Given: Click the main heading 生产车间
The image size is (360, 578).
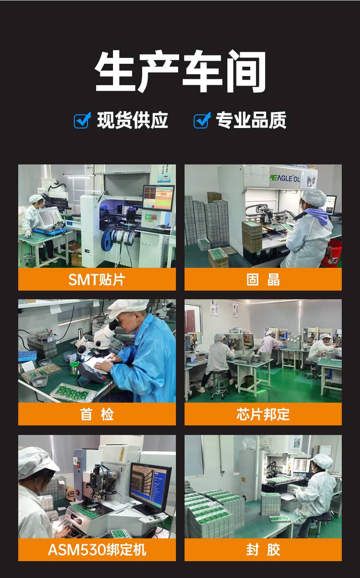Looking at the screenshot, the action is click(180, 71).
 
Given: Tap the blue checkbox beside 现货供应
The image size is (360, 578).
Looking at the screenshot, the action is click(82, 120).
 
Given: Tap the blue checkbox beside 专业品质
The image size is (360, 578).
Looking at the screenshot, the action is click(202, 120).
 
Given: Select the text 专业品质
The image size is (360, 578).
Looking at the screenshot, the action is click(251, 120).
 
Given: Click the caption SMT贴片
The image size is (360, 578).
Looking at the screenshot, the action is click(97, 280).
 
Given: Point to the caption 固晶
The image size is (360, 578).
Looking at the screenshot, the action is click(263, 280).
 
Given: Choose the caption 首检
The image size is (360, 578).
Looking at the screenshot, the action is click(97, 414).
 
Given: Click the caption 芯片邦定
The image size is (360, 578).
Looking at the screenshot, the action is click(263, 414).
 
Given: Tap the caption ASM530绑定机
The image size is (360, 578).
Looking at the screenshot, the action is click(97, 549).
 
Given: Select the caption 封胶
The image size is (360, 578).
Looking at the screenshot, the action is click(263, 549).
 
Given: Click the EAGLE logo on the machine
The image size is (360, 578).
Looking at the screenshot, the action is click(285, 178).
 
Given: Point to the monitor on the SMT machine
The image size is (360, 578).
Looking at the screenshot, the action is click(158, 198).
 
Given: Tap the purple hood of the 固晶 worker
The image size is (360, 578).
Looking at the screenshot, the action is click(317, 215).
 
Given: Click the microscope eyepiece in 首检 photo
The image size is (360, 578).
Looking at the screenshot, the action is click(114, 324).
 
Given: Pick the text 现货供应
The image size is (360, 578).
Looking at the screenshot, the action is click(133, 120).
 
